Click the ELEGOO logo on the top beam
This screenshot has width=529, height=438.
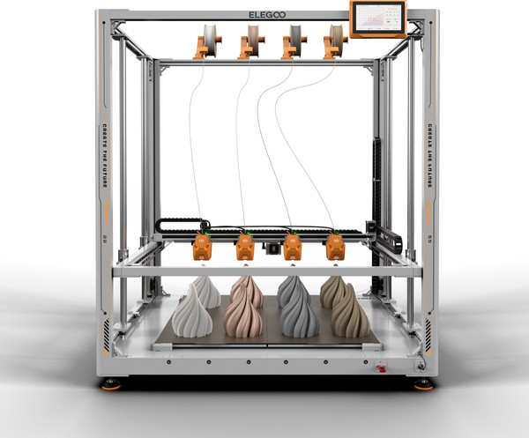coord(264,16)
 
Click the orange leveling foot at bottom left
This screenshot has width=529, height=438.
coord(112,384)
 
